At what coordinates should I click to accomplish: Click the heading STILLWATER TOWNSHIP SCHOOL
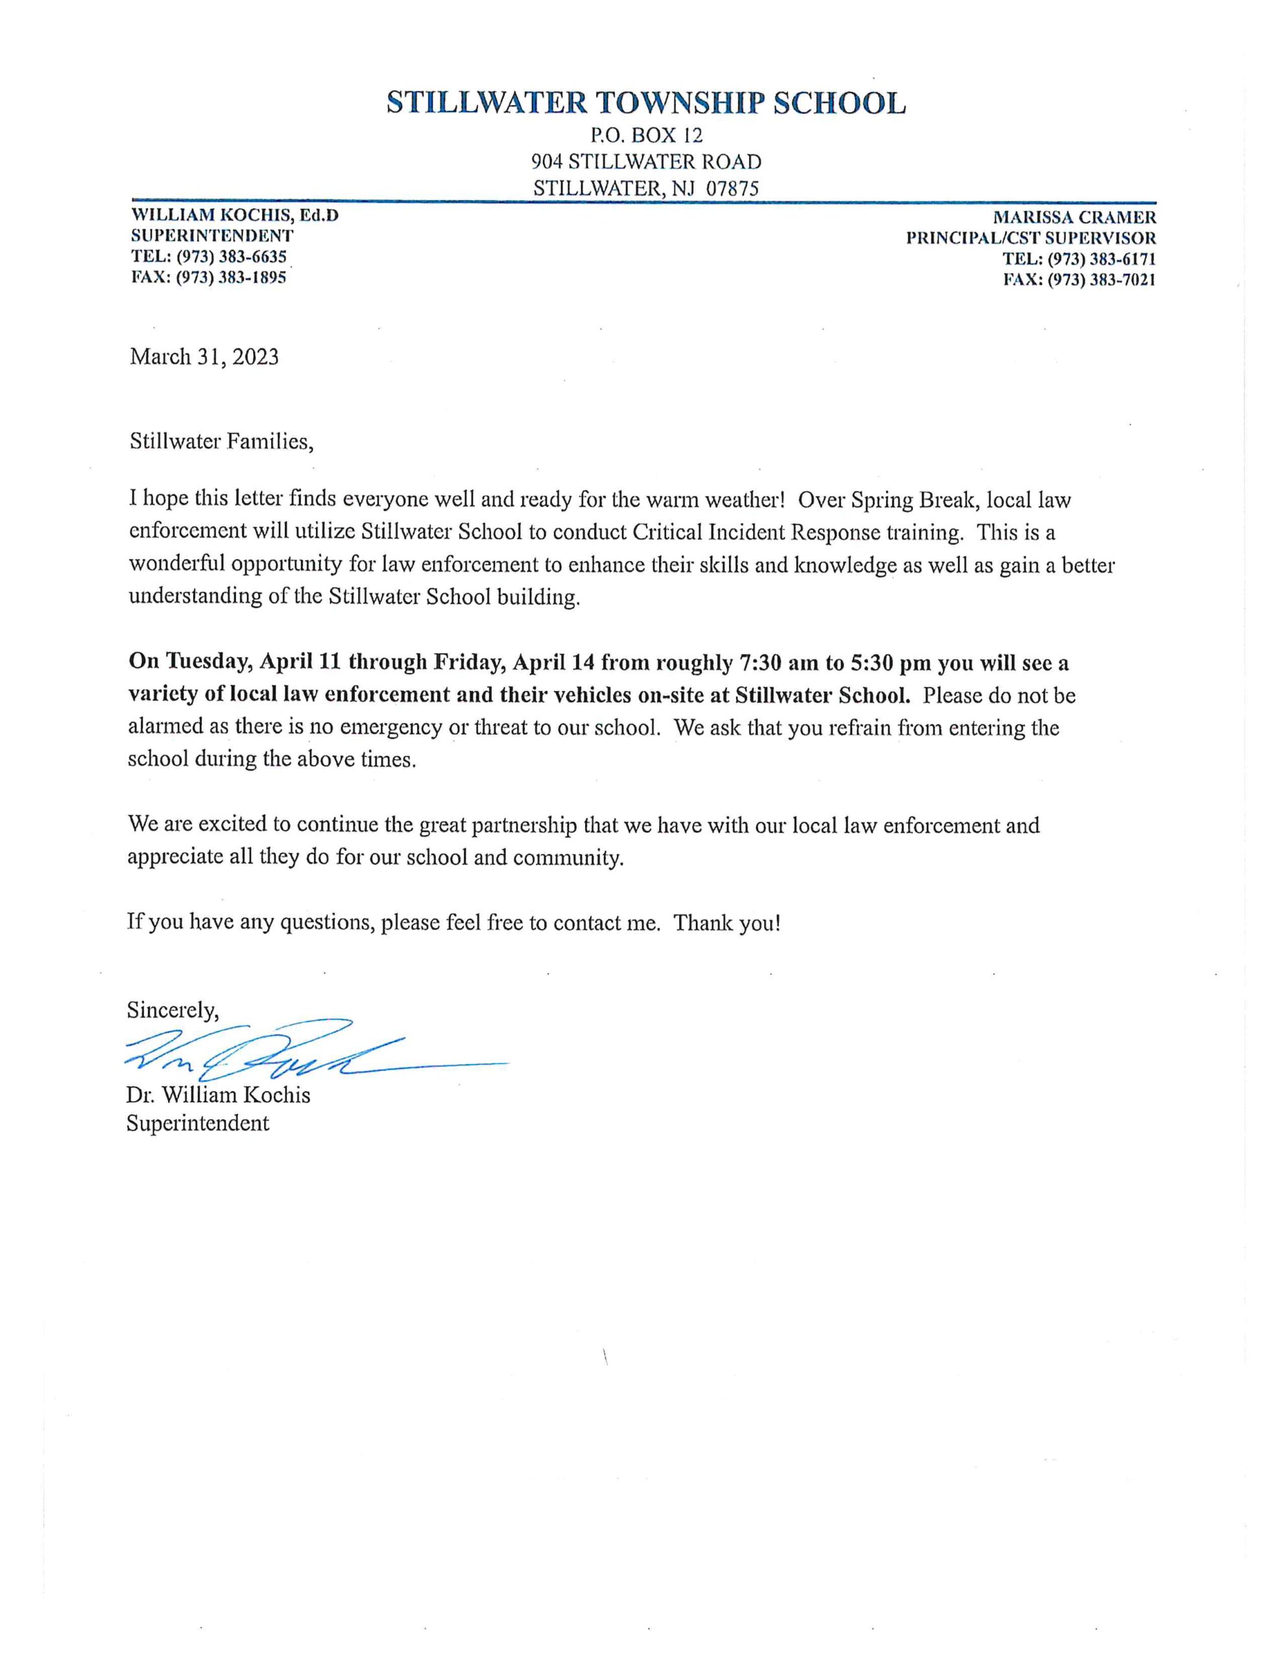click(645, 103)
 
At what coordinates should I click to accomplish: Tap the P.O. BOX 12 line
click(645, 136)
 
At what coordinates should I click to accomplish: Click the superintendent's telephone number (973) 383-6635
click(231, 257)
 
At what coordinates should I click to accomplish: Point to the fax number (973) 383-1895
click(231, 278)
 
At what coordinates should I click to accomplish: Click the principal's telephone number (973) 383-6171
click(1101, 259)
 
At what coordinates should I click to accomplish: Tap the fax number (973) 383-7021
click(1101, 279)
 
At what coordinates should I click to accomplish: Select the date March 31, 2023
click(204, 357)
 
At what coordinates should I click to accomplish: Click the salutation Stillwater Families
click(221, 441)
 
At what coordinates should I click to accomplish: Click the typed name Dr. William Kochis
click(219, 1095)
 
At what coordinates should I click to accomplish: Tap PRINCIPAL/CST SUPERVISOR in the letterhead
click(1031, 238)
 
